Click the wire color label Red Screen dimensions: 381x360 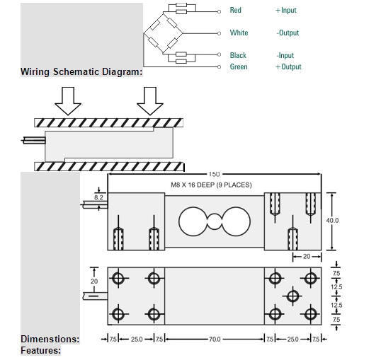point(235,10)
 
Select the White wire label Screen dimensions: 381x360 point(239,33)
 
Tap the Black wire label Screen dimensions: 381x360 point(238,55)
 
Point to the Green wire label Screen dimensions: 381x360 point(239,66)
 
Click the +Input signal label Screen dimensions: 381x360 point(286,10)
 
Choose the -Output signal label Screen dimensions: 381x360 point(288,33)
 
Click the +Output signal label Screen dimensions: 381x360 point(288,66)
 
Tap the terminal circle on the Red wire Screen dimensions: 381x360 point(219,11)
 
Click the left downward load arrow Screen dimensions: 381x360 point(68,101)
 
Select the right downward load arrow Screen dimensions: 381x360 point(150,101)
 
